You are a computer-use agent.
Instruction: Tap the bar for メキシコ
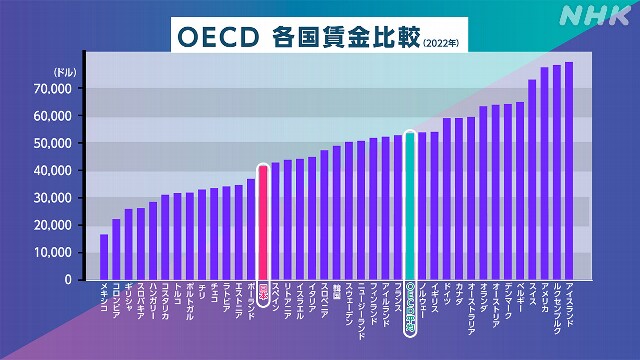click(104, 257)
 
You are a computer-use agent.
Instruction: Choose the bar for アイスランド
click(569, 171)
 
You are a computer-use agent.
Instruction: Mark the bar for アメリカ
click(545, 174)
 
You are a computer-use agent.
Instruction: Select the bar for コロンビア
click(116, 249)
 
